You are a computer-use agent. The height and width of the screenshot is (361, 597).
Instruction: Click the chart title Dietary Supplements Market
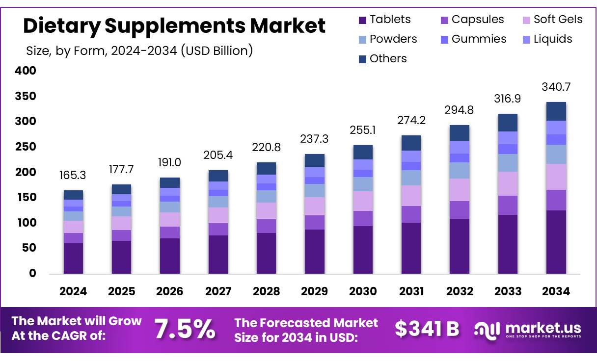pos(174,26)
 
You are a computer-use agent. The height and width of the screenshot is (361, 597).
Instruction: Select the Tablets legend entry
pos(384,20)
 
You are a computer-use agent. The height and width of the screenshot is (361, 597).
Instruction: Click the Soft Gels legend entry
pos(552,20)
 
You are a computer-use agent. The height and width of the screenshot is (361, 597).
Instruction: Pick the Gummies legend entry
pos(473,39)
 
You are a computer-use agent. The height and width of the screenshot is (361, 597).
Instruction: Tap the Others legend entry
pos(382,59)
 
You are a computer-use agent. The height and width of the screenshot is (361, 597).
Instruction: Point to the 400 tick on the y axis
pos(26,71)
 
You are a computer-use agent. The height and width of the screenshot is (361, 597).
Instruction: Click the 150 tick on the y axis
pos(26,198)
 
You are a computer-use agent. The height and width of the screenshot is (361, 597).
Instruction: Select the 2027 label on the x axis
pos(218,291)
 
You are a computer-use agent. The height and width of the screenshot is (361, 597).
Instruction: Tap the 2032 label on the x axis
pos(460,291)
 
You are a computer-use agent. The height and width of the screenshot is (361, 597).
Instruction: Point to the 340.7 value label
pos(556,87)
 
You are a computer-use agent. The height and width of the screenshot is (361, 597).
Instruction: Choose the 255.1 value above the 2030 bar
pos(363,130)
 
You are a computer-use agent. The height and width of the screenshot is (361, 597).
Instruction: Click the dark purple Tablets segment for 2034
pos(556,241)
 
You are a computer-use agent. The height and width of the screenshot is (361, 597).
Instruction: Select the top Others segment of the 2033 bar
pos(508,123)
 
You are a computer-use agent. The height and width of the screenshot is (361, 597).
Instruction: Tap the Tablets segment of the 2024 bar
pos(73,258)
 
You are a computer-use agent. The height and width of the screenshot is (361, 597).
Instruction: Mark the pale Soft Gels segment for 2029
pos(314,206)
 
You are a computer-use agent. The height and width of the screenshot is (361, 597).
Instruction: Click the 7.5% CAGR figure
pos(185,329)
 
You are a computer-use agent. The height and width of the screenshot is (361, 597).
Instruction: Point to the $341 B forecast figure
pos(427,329)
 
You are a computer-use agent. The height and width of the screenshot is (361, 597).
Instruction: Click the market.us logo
pos(528,330)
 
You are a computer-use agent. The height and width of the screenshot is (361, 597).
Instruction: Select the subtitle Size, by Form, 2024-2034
pos(139,50)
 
